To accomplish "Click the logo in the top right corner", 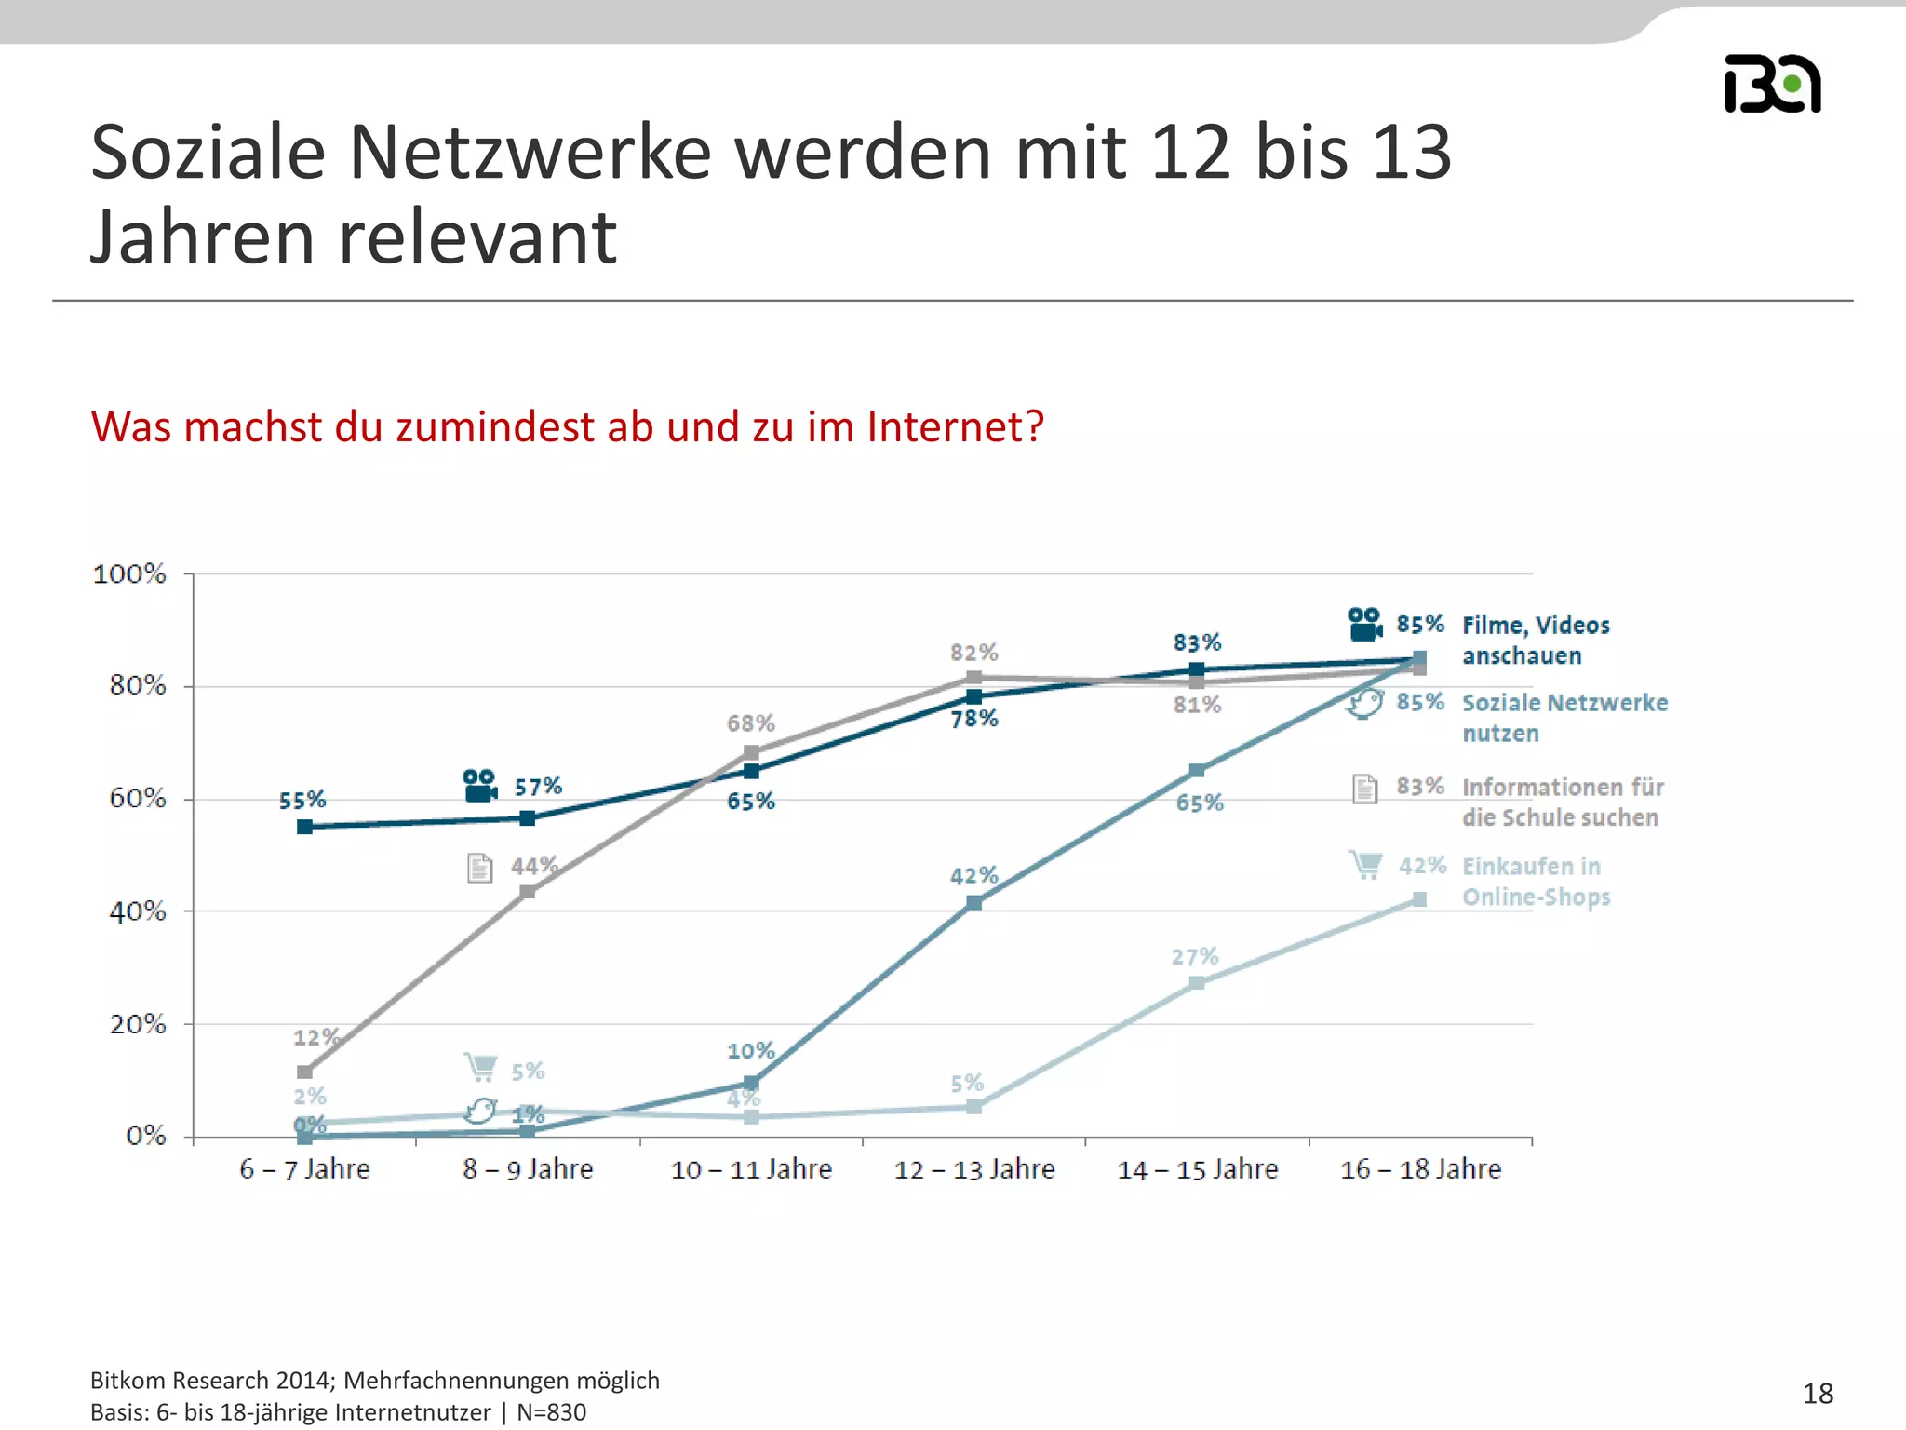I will [1772, 84].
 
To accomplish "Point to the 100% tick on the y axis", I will [129, 573].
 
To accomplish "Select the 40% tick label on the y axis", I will [138, 911].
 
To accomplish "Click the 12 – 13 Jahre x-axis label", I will [974, 1169].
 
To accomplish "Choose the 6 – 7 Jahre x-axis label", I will [304, 1169].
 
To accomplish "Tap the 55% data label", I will [302, 800].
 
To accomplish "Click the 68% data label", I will [750, 723].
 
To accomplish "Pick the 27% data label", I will [1195, 956].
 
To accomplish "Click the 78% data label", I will [974, 718].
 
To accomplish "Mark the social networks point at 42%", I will [973, 902].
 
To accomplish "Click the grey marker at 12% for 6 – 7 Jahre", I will [304, 1072].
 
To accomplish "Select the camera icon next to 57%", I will [479, 786].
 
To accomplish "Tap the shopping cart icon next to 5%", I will [480, 1067].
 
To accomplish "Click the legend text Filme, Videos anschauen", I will [1535, 641].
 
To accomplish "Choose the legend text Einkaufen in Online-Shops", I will [1535, 881].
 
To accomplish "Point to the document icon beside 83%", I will [1364, 789].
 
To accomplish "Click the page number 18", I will [1817, 1394].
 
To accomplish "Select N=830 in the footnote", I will [551, 1412].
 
